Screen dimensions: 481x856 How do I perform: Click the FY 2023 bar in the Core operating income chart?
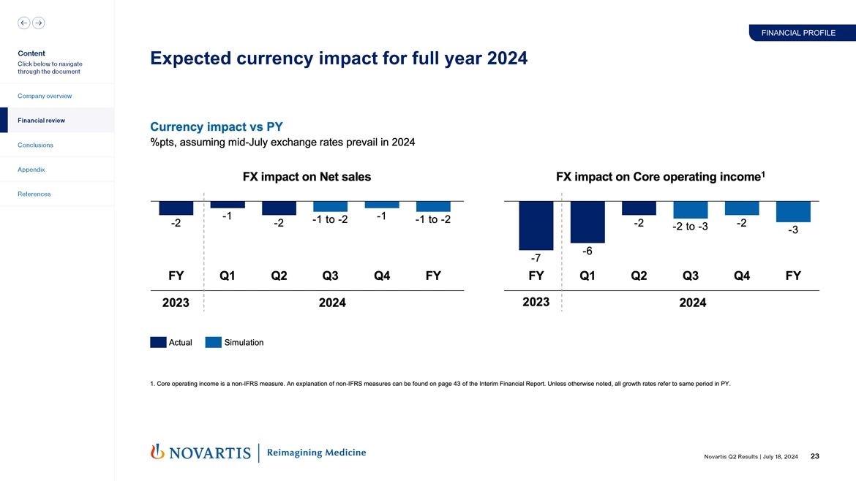[536, 225]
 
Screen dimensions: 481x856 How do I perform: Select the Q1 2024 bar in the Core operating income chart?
[587, 221]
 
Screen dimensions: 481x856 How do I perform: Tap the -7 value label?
[536, 258]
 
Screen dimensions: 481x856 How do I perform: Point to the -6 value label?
[587, 251]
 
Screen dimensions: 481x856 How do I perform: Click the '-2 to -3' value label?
[690, 227]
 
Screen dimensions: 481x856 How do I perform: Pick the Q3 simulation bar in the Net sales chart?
[330, 206]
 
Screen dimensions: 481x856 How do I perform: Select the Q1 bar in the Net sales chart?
[228, 205]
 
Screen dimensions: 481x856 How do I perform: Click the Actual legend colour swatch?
[158, 342]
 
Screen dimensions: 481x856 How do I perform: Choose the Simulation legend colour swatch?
[214, 342]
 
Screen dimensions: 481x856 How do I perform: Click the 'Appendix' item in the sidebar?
[32, 170]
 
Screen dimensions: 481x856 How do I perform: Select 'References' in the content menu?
[35, 194]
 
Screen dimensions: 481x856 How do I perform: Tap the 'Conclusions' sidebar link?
[36, 145]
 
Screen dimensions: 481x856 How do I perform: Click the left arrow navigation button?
[23, 23]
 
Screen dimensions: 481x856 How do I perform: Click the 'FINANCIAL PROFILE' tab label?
[797, 33]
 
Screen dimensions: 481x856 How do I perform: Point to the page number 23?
[815, 457]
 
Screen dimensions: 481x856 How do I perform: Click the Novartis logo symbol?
[157, 452]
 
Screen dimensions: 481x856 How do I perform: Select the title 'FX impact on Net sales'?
[307, 177]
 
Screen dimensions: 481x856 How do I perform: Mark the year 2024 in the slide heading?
[501, 58]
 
